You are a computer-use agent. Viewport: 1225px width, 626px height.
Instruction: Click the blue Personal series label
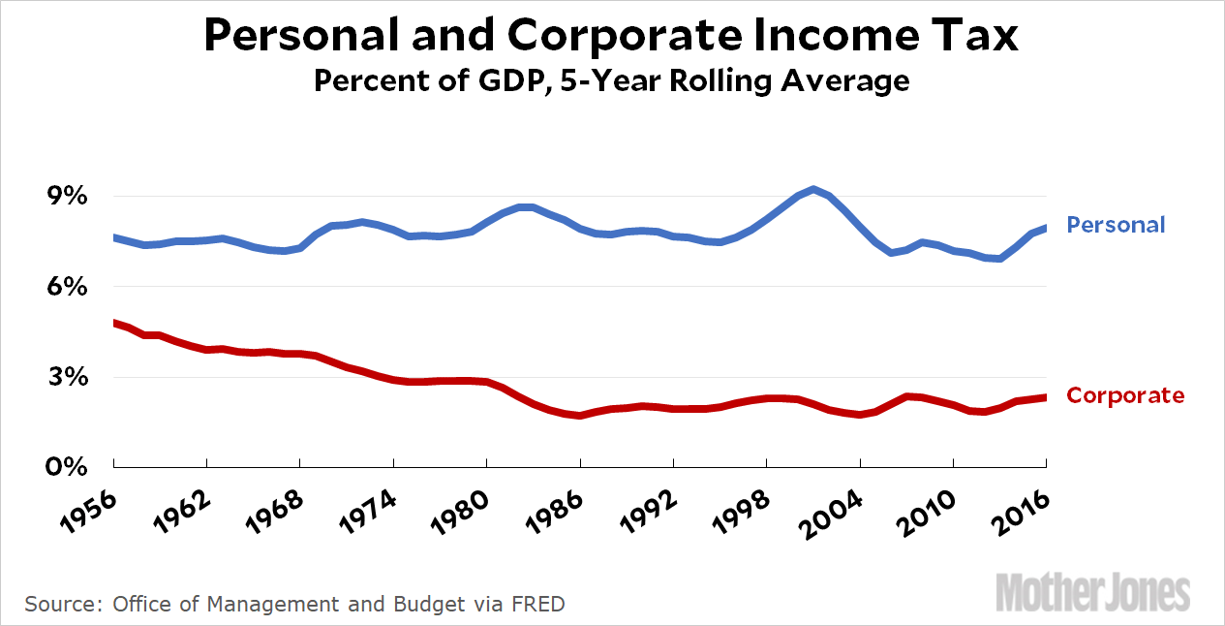1116,225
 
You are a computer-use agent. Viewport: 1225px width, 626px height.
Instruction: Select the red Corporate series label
1124,395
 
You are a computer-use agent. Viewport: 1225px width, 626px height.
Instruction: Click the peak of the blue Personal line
813,189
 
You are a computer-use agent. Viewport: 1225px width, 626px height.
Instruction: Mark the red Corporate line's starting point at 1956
115,323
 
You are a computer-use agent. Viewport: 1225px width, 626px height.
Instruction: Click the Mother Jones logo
1093,592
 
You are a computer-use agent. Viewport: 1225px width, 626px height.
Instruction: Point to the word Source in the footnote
62,605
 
